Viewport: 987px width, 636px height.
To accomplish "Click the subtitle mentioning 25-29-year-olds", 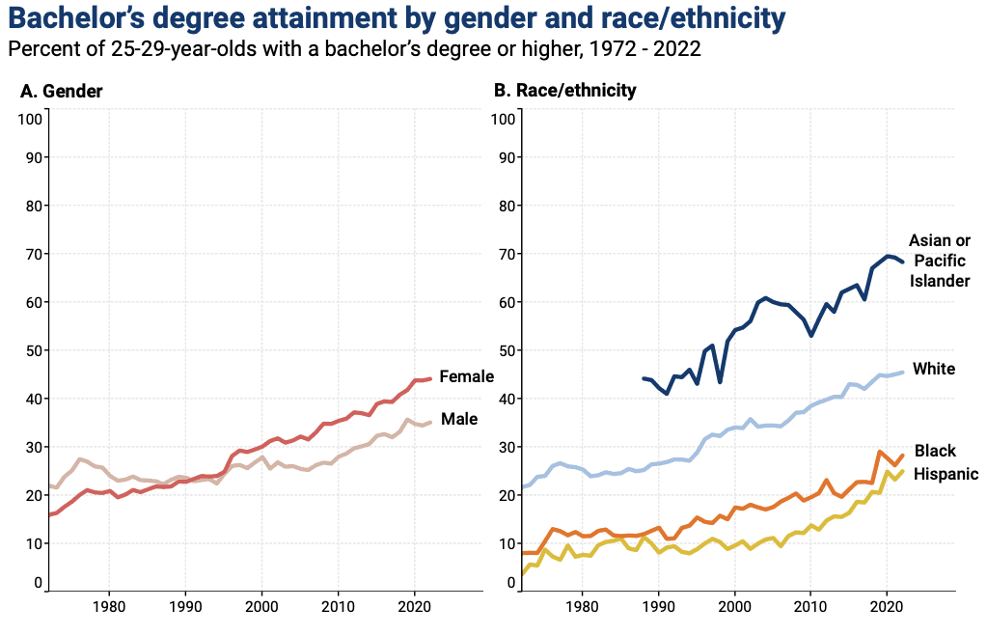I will [x=353, y=48].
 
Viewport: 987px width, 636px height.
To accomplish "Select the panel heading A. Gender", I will [x=62, y=91].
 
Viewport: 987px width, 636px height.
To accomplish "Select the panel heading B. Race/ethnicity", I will [x=564, y=91].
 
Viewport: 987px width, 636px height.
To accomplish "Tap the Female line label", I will [x=466, y=376].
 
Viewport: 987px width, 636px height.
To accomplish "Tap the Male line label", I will [x=459, y=419].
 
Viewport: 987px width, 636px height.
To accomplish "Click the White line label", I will [x=933, y=369].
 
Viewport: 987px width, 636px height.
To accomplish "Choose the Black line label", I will [x=934, y=451].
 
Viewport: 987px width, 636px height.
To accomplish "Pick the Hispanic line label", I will [x=946, y=474].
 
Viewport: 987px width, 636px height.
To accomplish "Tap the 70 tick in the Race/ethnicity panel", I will [x=506, y=254].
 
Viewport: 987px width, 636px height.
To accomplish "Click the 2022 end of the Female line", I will [x=430, y=379].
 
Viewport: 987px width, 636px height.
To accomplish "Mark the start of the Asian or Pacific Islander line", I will [x=644, y=378].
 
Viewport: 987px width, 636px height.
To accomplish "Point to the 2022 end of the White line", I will [x=903, y=372].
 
